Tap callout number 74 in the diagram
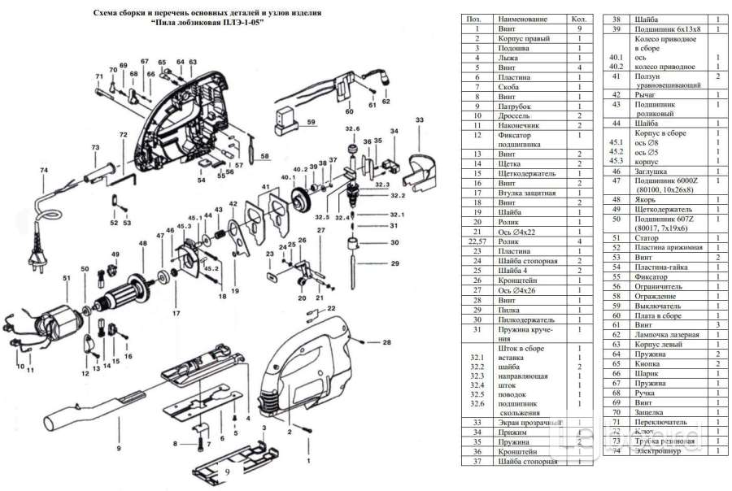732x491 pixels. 44,170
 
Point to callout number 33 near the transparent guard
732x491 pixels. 419,119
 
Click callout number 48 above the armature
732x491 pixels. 142,244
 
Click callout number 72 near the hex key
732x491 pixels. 123,134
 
